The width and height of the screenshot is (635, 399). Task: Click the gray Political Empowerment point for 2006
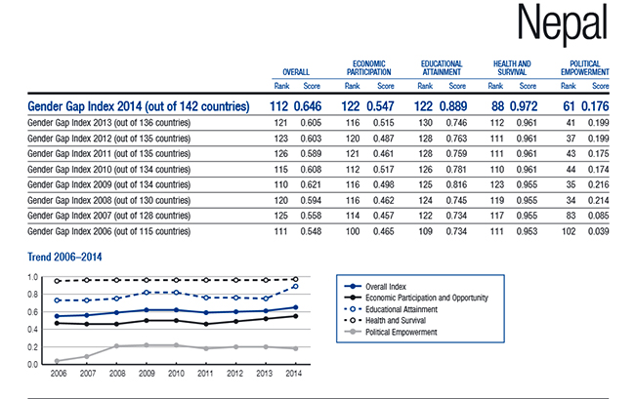pos(58,361)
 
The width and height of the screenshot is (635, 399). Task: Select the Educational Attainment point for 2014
pos(295,287)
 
